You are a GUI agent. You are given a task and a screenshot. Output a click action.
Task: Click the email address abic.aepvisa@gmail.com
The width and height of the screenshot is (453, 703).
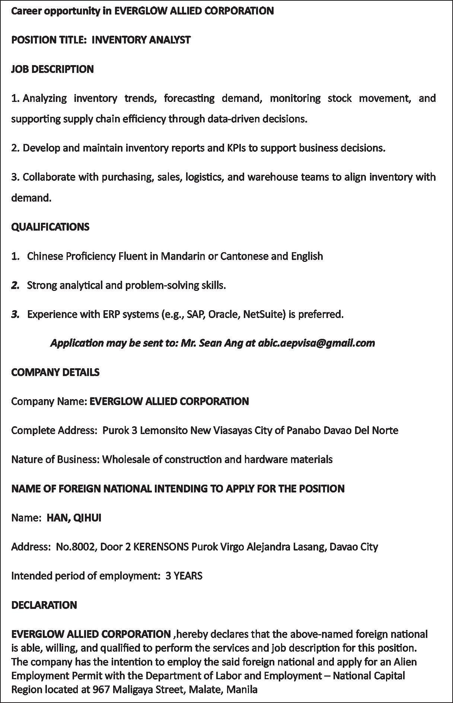pyautogui.click(x=316, y=343)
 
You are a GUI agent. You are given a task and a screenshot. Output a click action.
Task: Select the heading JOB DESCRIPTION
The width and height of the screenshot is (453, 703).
pyautogui.click(x=52, y=69)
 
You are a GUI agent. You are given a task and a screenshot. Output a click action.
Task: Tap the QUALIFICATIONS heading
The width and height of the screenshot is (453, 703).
pyautogui.click(x=50, y=227)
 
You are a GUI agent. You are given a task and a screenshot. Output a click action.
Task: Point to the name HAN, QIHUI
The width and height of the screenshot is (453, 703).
pyautogui.click(x=74, y=518)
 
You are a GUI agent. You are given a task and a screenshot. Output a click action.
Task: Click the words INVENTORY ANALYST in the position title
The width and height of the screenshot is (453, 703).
pyautogui.click(x=141, y=40)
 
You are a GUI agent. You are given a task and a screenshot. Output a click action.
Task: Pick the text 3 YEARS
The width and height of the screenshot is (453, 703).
pyautogui.click(x=184, y=576)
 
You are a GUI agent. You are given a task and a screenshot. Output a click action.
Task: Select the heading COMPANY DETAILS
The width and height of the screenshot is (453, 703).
pyautogui.click(x=55, y=372)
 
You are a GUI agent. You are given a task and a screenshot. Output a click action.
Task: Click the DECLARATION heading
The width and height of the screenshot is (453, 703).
pyautogui.click(x=44, y=605)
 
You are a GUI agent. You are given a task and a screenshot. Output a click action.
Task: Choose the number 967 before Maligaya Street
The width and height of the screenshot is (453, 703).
pyautogui.click(x=101, y=689)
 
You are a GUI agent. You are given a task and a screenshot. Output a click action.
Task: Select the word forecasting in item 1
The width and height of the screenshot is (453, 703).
pyautogui.click(x=189, y=98)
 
